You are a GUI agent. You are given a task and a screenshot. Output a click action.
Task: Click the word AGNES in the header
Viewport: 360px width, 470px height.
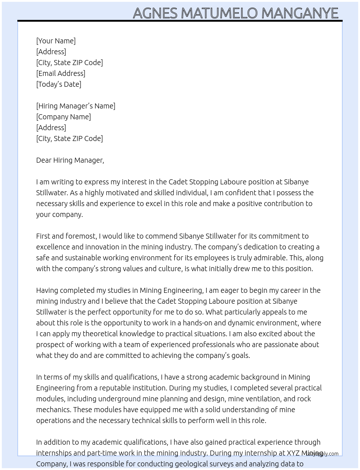click(x=155, y=13)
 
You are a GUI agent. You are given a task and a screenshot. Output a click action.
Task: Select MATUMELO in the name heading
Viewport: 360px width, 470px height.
click(x=219, y=13)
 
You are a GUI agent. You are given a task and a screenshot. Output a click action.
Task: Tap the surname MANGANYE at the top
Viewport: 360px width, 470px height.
click(x=300, y=13)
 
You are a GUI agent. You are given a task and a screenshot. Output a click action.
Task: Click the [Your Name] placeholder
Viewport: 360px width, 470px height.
click(x=56, y=41)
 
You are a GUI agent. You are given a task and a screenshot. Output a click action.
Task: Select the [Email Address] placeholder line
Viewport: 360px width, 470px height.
click(x=61, y=73)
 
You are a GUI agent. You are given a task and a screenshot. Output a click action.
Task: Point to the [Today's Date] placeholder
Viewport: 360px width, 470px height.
click(x=59, y=84)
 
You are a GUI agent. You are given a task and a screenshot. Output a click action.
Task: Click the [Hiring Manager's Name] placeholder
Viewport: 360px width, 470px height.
click(x=76, y=106)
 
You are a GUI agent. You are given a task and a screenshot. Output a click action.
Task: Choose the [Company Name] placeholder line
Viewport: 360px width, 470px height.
click(x=63, y=117)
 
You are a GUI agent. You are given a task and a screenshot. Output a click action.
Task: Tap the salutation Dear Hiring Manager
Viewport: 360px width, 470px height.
click(x=70, y=160)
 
